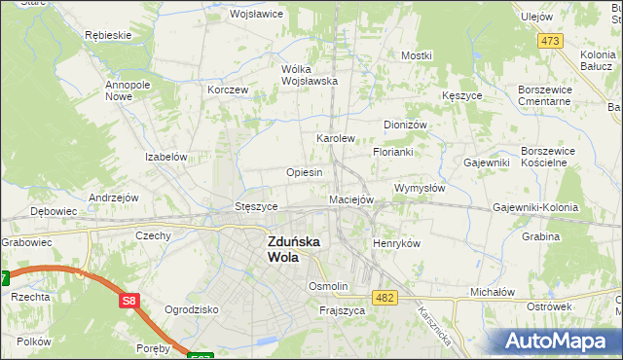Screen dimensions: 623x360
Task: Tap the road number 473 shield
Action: (x=551, y=41)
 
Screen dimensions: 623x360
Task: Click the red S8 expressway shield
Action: (x=129, y=303)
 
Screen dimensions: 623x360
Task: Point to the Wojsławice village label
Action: (x=255, y=15)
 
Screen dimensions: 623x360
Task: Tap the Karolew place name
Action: (x=335, y=139)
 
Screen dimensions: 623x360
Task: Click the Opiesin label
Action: (x=304, y=172)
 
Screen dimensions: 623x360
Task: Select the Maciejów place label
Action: (x=351, y=199)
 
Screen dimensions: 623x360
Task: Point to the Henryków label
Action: (x=396, y=243)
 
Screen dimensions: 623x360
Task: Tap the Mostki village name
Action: (x=416, y=56)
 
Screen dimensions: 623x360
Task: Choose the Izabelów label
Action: (x=165, y=157)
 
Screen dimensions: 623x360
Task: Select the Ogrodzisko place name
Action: (x=190, y=309)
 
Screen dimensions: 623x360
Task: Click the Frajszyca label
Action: (x=342, y=310)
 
